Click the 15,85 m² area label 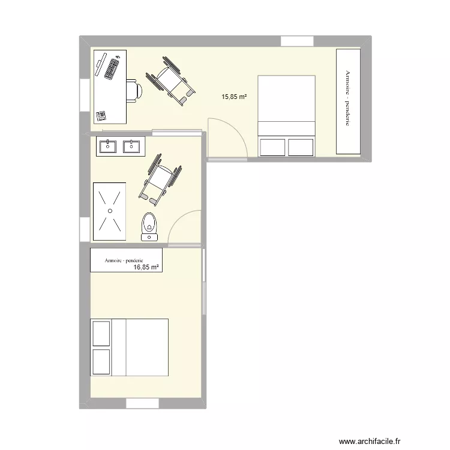[235, 96]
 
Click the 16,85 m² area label [146, 268]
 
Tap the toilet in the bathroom [149, 227]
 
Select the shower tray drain [110, 211]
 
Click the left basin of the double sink [109, 146]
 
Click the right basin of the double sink [130, 146]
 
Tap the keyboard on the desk [112, 67]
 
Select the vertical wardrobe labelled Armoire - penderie [348, 101]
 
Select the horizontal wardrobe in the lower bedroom [126, 260]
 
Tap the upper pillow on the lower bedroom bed [101, 333]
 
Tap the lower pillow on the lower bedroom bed [101, 362]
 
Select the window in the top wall [298, 41]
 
